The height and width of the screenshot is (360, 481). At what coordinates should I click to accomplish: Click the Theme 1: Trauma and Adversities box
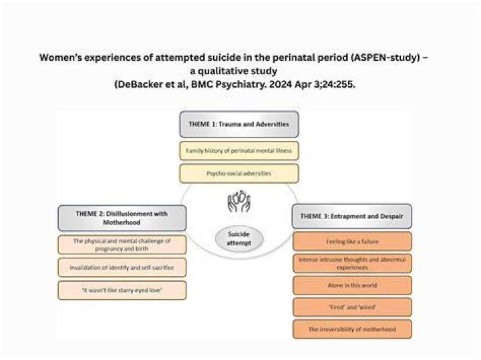(239, 124)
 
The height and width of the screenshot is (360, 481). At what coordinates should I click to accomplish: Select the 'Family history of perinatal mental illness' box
(239, 151)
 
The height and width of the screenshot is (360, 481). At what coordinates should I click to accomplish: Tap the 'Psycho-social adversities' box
(239, 173)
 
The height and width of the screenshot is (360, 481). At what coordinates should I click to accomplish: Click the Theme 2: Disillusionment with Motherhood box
(122, 218)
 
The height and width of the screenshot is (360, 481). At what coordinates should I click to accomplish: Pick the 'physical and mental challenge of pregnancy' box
(122, 244)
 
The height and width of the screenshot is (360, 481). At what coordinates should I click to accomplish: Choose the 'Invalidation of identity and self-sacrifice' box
(122, 267)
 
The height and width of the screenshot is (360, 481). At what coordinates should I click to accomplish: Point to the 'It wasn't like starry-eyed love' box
(122, 290)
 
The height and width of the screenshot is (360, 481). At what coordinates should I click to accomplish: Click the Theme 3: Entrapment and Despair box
(352, 216)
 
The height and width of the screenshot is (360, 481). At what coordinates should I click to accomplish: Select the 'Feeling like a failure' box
(352, 242)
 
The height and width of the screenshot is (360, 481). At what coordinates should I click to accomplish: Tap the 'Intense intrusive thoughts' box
(352, 263)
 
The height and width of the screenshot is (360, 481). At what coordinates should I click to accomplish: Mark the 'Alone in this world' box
(352, 285)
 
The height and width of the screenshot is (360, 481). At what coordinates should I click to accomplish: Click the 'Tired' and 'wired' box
(352, 307)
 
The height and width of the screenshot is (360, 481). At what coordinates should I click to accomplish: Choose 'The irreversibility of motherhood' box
(352, 329)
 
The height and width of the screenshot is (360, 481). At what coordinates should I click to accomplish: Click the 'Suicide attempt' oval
(239, 238)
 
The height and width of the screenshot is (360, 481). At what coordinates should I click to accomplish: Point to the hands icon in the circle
(239, 201)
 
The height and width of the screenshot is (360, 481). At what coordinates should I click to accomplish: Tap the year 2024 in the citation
(281, 84)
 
